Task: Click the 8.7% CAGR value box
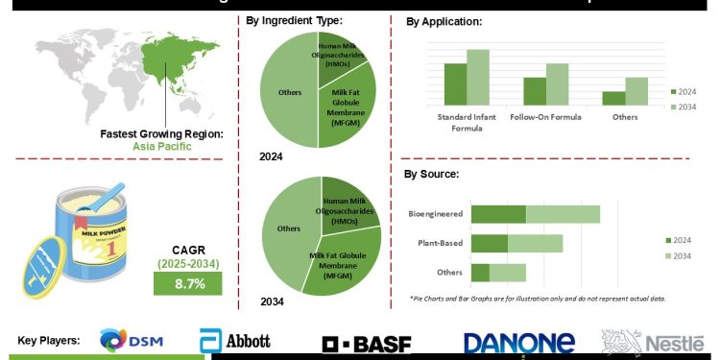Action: coord(188,284)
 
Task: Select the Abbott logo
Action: coord(235,341)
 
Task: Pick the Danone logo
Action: coord(518,343)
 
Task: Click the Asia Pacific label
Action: coord(162,147)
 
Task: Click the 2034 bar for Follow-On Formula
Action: coord(558,84)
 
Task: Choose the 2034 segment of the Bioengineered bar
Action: coord(563,214)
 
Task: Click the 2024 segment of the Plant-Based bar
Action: coord(489,244)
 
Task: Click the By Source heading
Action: coord(431,174)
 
